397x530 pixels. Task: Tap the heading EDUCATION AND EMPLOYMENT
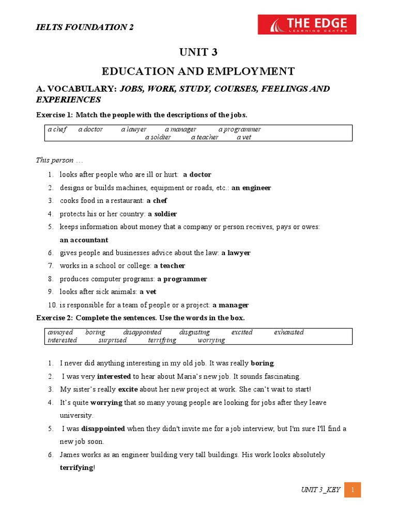click(198, 71)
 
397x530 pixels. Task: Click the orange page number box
click(352, 490)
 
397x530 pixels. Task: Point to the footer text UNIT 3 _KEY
click(320, 490)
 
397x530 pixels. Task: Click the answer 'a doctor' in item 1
click(197, 174)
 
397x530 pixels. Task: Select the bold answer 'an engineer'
click(251, 188)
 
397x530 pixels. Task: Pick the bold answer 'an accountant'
click(84, 240)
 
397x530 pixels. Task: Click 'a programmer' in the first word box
click(239, 129)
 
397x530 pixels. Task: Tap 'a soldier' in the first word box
click(158, 137)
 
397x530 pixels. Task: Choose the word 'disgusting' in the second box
click(194, 332)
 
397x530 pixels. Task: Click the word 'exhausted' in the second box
click(288, 332)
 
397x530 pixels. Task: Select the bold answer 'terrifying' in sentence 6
click(77, 468)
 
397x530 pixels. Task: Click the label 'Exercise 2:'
click(54, 317)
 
